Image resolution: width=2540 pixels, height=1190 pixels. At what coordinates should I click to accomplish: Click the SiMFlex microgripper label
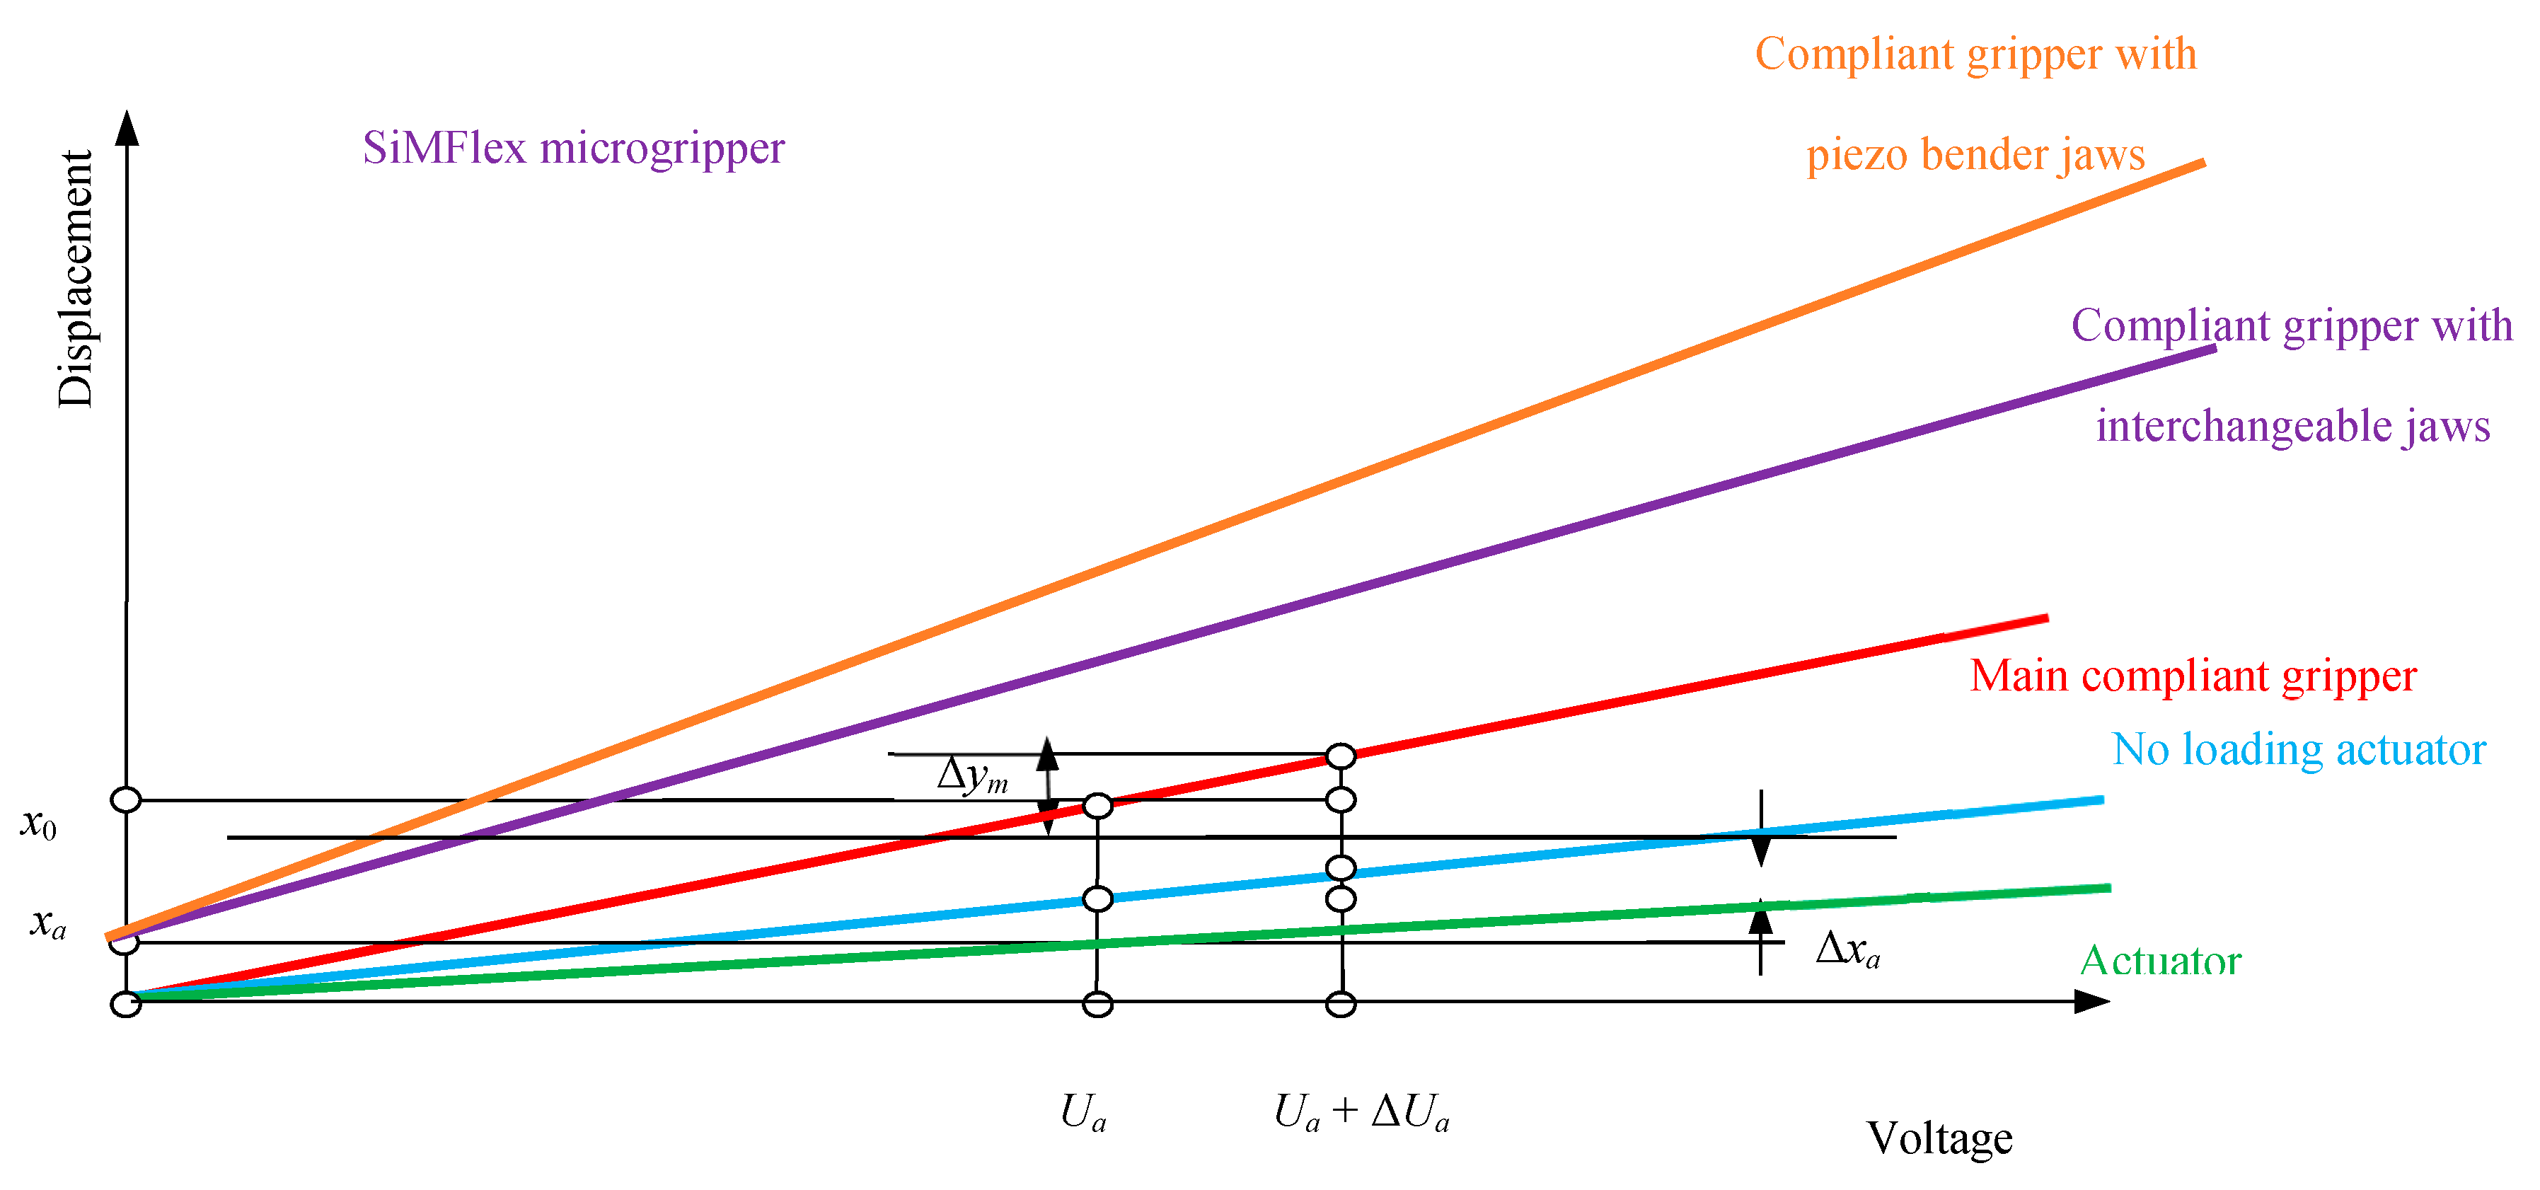click(573, 149)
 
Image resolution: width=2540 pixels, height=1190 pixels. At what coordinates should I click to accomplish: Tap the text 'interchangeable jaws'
click(2292, 427)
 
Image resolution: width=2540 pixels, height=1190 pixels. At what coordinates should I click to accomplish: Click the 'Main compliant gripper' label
click(2193, 676)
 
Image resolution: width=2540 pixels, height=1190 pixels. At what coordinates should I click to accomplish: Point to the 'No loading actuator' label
click(2299, 750)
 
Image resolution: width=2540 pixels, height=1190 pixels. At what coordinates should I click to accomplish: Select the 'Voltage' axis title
click(1939, 1139)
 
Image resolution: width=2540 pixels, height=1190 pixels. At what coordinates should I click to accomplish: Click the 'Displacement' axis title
click(75, 279)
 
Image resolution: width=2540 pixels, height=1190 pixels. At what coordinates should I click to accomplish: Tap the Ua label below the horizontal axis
click(1083, 1113)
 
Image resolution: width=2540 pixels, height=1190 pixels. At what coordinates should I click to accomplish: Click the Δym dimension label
click(972, 775)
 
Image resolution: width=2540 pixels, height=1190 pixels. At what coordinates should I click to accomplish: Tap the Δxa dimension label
click(1847, 949)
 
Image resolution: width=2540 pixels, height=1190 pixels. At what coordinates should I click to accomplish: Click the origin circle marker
click(125, 1005)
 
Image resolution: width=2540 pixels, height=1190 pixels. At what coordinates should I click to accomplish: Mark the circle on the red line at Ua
click(1097, 807)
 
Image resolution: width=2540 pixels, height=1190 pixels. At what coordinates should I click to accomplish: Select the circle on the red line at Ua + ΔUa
click(1341, 756)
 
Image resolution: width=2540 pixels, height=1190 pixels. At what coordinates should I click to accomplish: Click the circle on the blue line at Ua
click(1097, 899)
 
